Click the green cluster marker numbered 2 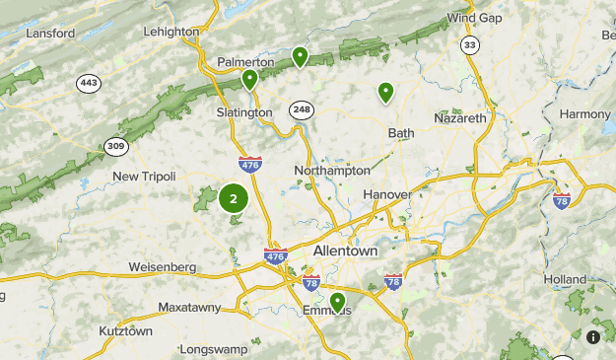point(234,198)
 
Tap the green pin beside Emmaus point(337,302)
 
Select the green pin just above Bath point(386,93)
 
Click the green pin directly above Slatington point(250,79)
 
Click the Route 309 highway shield point(117,146)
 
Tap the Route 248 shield point(301,108)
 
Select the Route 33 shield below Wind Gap point(471,45)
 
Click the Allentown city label point(345,252)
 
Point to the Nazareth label point(460,118)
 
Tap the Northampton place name point(332,171)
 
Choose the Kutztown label point(126,331)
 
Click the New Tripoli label point(144,177)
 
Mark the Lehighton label point(171,32)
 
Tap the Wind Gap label point(474,18)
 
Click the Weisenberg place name point(163,267)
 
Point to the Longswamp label point(215,350)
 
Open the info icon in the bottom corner point(593,336)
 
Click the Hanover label point(386,194)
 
